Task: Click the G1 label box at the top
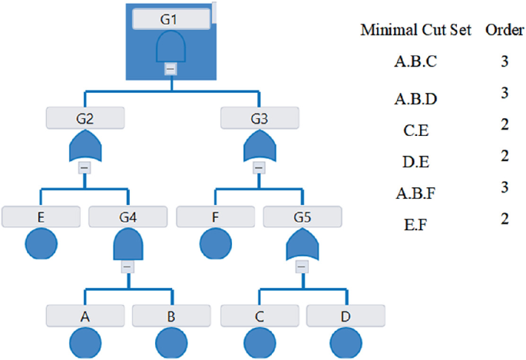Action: pyautogui.click(x=171, y=19)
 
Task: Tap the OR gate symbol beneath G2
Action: pyautogui.click(x=84, y=145)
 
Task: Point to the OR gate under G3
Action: pyautogui.click(x=259, y=145)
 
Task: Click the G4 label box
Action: pyautogui.click(x=127, y=216)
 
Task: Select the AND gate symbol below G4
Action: pyautogui.click(x=127, y=245)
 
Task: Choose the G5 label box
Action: pyautogui.click(x=302, y=216)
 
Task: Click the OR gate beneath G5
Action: pyautogui.click(x=302, y=245)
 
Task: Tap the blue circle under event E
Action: pyautogui.click(x=41, y=246)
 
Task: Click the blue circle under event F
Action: pyautogui.click(x=215, y=246)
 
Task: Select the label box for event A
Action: pyautogui.click(x=84, y=315)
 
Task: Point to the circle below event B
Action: pyautogui.click(x=171, y=343)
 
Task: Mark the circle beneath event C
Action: pyautogui.click(x=259, y=343)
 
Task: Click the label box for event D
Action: pyautogui.click(x=346, y=315)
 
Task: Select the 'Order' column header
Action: pyautogui.click(x=504, y=31)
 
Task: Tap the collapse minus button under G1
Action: pyautogui.click(x=171, y=68)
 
